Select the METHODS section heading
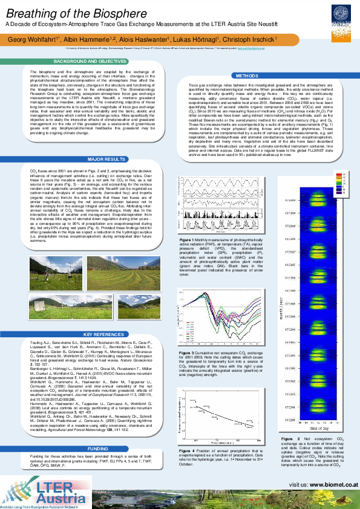tap(247, 76)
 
